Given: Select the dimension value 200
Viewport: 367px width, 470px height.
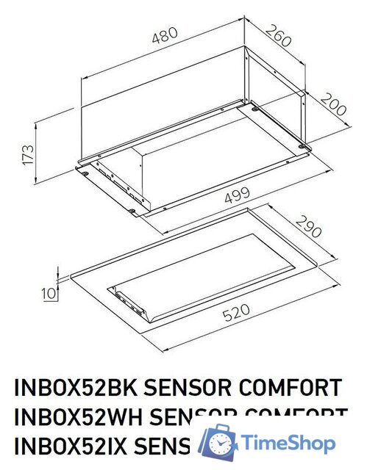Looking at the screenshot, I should tap(333, 109).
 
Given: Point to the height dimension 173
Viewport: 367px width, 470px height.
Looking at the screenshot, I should tap(26, 154).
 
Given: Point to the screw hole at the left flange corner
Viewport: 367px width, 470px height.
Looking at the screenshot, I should tap(85, 173).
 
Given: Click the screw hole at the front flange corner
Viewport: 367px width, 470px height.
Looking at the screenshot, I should tap(132, 212).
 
